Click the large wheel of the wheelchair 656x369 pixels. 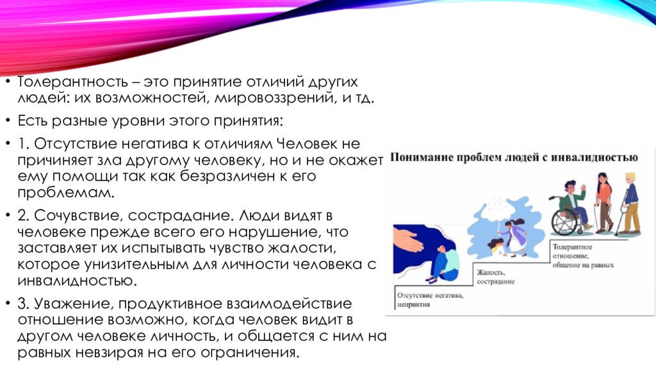point(564,222)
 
